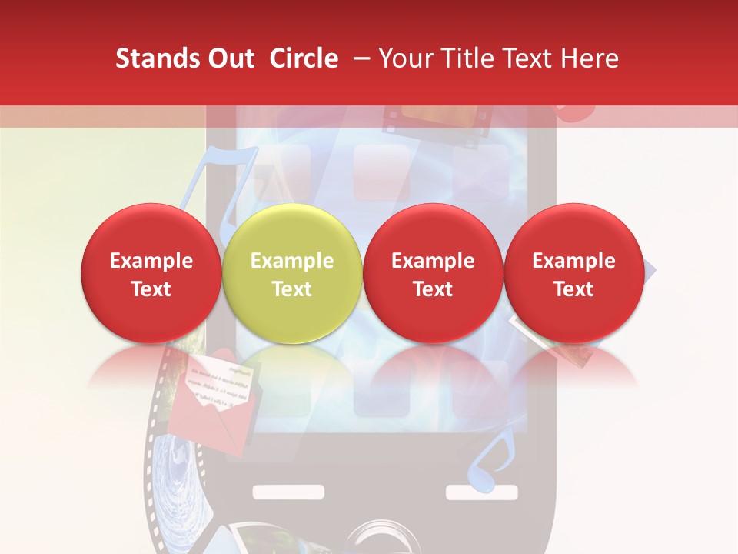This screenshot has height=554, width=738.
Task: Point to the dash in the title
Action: (362, 58)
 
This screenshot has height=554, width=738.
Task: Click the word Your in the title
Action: (404, 58)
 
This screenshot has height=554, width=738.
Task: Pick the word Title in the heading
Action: (467, 58)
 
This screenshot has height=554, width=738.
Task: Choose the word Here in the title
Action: (589, 58)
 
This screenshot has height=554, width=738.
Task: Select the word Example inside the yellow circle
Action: (292, 261)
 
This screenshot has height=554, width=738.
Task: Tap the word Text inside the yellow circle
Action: (292, 289)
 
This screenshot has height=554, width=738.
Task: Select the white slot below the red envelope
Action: (278, 492)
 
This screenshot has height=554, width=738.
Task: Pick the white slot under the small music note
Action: (471, 492)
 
